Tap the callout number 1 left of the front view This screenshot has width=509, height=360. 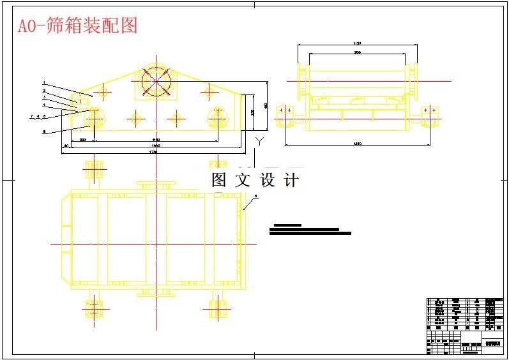pyautogui.click(x=43, y=82)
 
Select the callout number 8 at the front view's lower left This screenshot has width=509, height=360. pyautogui.click(x=43, y=131)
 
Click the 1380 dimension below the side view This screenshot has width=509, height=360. pyautogui.click(x=358, y=144)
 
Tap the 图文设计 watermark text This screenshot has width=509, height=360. pyautogui.click(x=255, y=181)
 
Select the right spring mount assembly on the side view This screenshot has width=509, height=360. pyautogui.click(x=430, y=115)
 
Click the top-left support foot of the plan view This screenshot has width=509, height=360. pyautogui.click(x=94, y=170)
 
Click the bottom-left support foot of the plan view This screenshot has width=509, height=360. pyautogui.click(x=94, y=309)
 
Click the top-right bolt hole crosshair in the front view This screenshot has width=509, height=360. pyautogui.click(x=208, y=92)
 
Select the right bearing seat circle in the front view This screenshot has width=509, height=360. pyautogui.click(x=218, y=117)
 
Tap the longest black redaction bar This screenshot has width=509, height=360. pyautogui.click(x=310, y=234)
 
